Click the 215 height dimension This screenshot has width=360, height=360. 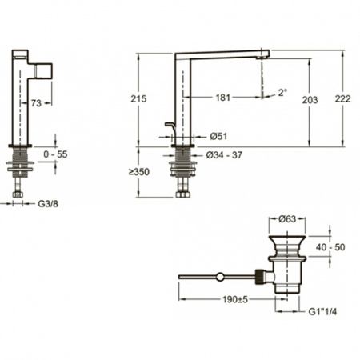(138, 99)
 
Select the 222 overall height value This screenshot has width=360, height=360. (342, 99)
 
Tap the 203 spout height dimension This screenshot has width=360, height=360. (310, 100)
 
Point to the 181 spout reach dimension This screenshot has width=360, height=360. (222, 98)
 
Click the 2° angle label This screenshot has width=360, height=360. (283, 93)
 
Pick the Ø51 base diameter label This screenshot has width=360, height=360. (218, 137)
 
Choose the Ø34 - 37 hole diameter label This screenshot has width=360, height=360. (224, 155)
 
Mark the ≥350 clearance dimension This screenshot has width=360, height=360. (139, 172)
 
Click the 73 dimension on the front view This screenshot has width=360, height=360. (36, 103)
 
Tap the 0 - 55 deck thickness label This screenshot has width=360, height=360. (55, 154)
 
